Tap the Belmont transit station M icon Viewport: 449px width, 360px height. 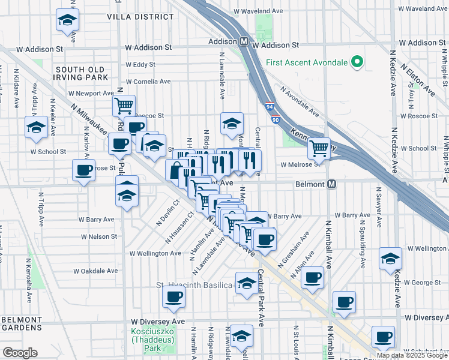331,185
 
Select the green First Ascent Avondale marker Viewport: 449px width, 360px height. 357,62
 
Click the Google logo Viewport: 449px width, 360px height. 20,353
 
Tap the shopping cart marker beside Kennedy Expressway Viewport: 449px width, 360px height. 319,148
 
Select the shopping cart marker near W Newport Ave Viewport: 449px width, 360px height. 124,106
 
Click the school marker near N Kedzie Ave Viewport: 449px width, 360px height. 391,259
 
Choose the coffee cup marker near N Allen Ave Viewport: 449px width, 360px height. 312,278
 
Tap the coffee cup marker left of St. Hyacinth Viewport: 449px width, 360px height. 174,296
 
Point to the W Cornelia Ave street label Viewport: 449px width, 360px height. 148,82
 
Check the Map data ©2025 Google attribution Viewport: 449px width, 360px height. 412,355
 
